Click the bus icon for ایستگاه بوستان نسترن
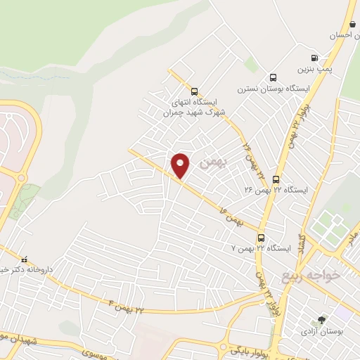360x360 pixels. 274,78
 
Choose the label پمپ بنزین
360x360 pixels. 314,70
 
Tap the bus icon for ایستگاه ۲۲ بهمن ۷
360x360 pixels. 261,238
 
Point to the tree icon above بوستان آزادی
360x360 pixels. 323,319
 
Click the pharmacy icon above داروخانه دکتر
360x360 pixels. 25,257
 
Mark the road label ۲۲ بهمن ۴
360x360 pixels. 127,305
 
